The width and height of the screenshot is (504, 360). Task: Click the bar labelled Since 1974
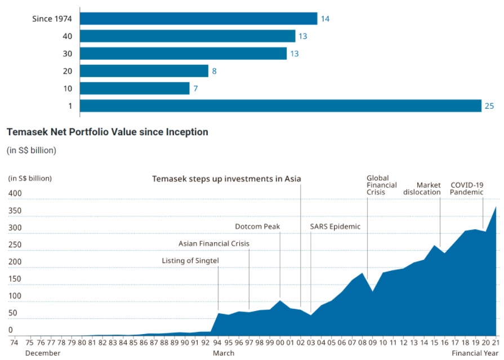198,19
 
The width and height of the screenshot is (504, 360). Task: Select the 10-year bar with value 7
135,88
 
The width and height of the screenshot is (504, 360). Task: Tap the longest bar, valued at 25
280,106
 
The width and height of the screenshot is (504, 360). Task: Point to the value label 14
325,19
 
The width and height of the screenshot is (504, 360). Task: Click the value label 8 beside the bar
215,72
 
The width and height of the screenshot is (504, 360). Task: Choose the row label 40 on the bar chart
68,37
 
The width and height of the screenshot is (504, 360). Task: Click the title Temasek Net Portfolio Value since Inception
107,132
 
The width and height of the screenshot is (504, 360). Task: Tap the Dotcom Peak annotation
257,226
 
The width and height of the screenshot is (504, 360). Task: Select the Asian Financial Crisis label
213,243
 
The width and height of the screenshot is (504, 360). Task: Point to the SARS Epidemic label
335,226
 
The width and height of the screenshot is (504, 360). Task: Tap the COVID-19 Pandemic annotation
467,188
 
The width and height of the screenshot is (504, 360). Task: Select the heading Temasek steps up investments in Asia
226,179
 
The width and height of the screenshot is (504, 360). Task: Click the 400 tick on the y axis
15,194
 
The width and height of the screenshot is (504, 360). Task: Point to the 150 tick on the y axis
15,279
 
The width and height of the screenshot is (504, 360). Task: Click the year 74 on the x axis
15,342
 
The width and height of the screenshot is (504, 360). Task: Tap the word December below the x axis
43,353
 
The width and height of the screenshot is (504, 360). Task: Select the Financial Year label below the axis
475,353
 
